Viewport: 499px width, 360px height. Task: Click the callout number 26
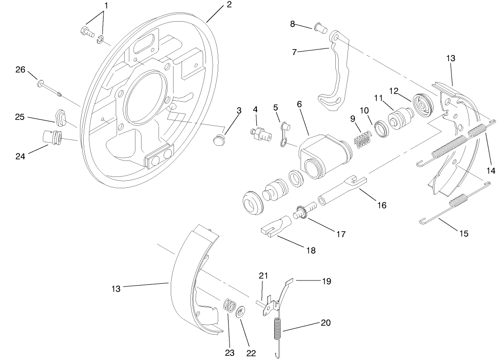(20, 70)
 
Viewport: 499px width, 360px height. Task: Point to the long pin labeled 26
(49, 88)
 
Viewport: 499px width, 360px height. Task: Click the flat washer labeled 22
(241, 312)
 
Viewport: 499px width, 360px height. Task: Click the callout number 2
(229, 5)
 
